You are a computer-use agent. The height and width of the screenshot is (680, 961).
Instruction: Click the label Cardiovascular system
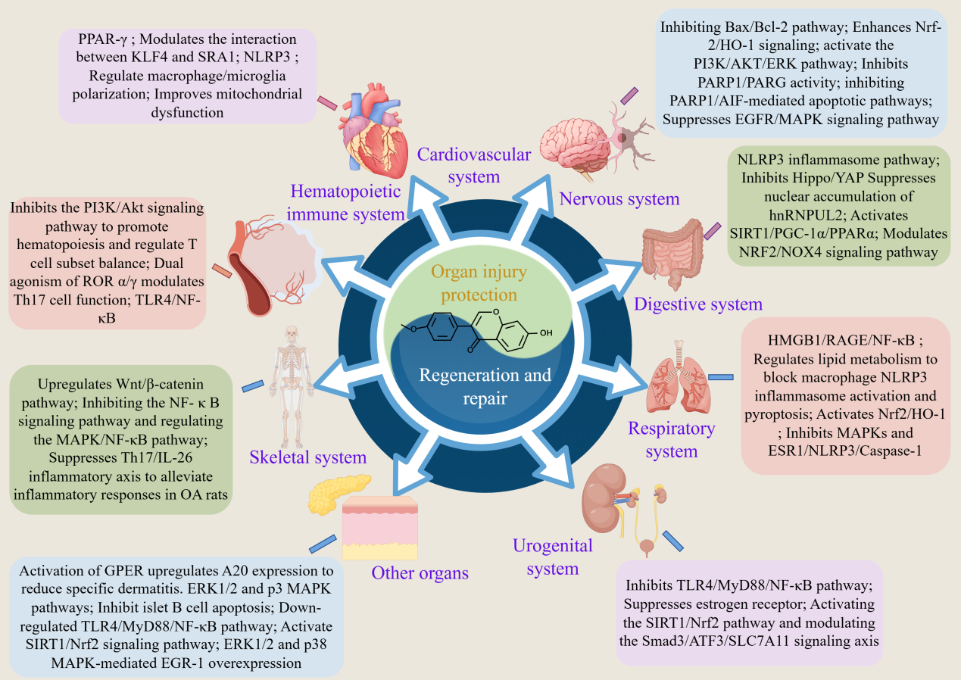tap(473, 165)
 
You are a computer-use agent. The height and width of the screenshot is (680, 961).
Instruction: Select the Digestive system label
tap(697, 304)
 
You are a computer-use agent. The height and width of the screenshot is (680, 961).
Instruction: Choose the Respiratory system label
tap(671, 440)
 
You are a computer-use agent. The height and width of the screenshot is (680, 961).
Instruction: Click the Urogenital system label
tap(552, 557)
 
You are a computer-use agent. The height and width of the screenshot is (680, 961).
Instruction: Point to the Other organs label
tap(420, 572)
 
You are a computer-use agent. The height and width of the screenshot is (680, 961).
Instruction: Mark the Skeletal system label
tap(309, 457)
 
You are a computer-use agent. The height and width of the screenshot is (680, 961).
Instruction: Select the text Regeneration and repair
tap(474, 385)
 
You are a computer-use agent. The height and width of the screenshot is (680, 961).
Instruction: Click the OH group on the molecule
tap(546, 332)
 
